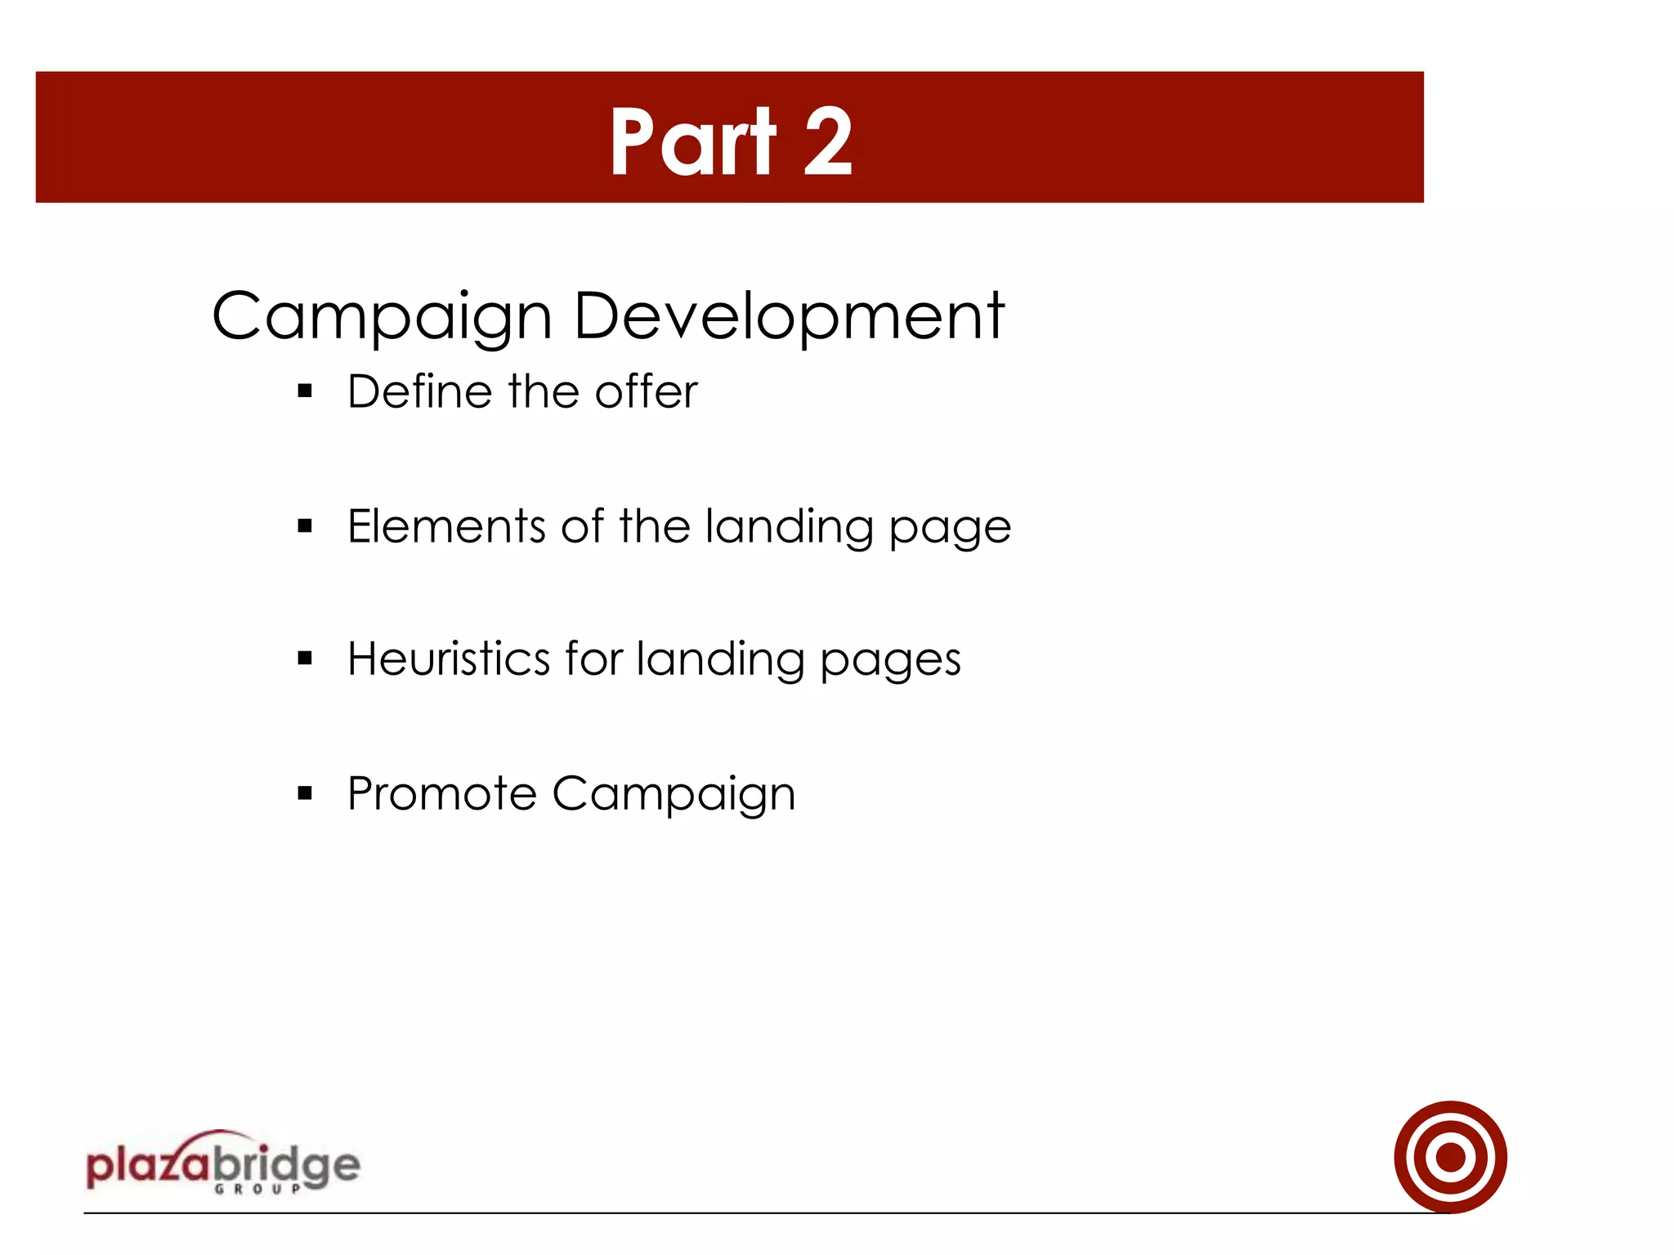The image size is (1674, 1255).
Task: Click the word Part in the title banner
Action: click(692, 142)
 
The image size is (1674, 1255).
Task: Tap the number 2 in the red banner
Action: click(828, 142)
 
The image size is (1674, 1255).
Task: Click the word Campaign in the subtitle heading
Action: click(382, 316)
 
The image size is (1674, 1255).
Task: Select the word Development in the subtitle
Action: click(789, 316)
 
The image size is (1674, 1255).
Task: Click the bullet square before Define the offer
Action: click(306, 391)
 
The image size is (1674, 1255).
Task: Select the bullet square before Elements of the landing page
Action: click(306, 526)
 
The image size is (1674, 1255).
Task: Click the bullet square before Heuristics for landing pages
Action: click(306, 659)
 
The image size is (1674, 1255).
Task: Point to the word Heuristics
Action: click(449, 659)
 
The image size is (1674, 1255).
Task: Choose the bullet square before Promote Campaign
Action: click(306, 793)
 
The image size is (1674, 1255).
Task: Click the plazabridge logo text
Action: click(222, 1165)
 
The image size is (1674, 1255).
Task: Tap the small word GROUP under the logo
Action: click(258, 1189)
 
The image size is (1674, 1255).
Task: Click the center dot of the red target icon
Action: click(1451, 1157)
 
